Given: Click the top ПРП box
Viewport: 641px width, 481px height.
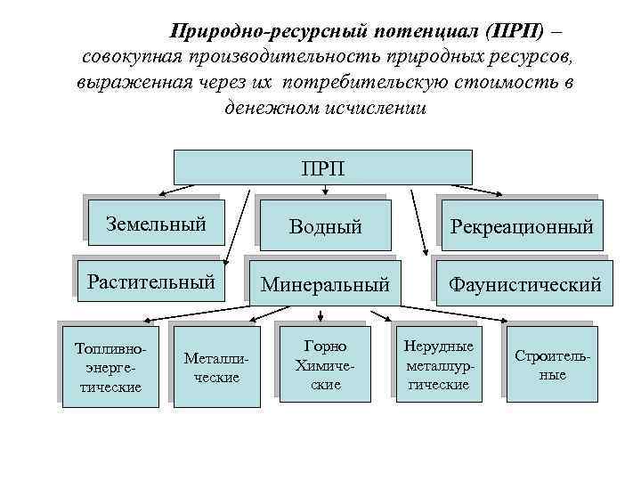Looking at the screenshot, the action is pyautogui.click(x=322, y=167).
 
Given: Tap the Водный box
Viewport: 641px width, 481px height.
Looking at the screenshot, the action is pyautogui.click(x=325, y=226).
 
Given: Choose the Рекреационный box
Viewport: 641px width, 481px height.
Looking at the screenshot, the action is pyautogui.click(x=522, y=226).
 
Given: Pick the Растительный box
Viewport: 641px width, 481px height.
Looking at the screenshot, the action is pyautogui.click(x=150, y=282).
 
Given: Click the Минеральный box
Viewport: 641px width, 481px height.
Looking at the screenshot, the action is pyautogui.click(x=325, y=285).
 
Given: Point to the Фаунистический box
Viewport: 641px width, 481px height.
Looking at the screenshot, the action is pyautogui.click(x=524, y=285).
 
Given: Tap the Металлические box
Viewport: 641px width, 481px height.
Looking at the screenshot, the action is pyautogui.click(x=210, y=367).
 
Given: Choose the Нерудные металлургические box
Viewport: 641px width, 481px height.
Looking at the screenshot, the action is pyautogui.click(x=439, y=365).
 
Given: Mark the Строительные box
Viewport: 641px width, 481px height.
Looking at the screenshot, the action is pyautogui.click(x=552, y=365).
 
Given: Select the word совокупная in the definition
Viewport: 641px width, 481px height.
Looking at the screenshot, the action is pyautogui.click(x=134, y=58).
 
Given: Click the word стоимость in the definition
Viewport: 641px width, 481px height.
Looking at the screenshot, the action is pyautogui.click(x=505, y=83).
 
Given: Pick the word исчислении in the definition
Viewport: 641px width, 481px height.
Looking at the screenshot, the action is pyautogui.click(x=374, y=108).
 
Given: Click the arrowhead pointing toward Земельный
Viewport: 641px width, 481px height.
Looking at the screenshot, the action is pyautogui.click(x=163, y=192).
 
